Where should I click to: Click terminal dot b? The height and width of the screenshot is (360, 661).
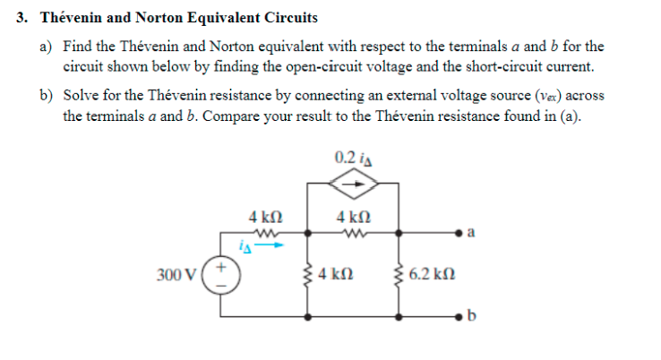coord(460,317)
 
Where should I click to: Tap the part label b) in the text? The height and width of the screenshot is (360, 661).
coord(46,95)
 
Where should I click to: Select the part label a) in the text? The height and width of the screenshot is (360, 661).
coord(46,45)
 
